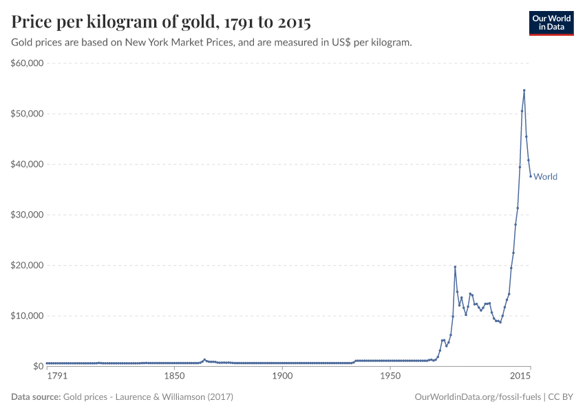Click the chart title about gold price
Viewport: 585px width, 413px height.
click(x=161, y=23)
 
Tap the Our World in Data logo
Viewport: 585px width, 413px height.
click(x=551, y=23)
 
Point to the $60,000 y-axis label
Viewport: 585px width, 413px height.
click(x=28, y=63)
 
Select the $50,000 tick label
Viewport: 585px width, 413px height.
click(x=28, y=114)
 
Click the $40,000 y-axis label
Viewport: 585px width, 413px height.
click(x=28, y=165)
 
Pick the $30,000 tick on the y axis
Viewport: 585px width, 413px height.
click(x=28, y=215)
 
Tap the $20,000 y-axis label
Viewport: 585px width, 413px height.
click(x=28, y=265)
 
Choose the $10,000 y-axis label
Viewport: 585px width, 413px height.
click(x=28, y=316)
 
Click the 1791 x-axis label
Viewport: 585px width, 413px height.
click(x=57, y=377)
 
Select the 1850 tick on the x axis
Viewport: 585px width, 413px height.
click(x=175, y=377)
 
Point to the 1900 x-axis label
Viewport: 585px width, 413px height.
click(x=281, y=377)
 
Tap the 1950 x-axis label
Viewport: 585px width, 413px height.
click(x=390, y=377)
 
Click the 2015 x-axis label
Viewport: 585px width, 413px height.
click(x=520, y=377)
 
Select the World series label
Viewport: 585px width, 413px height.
click(x=545, y=177)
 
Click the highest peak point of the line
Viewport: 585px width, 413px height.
click(x=524, y=90)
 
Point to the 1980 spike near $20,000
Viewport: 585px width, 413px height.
click(x=455, y=266)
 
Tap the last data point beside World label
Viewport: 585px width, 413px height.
click(x=531, y=176)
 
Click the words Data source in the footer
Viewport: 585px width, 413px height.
click(x=36, y=397)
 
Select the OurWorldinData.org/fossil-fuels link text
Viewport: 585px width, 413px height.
click(x=478, y=397)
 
